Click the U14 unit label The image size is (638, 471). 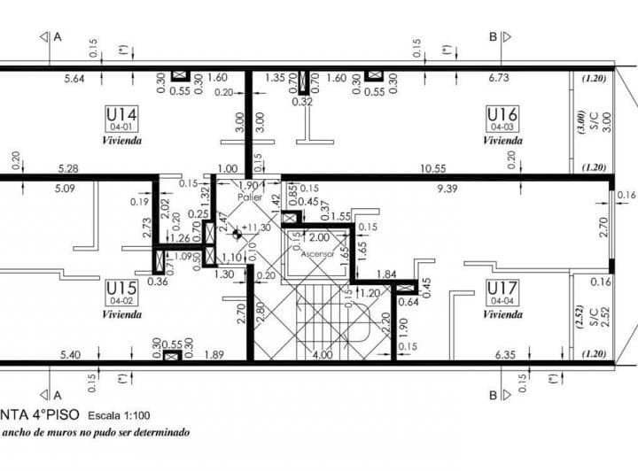(121, 114)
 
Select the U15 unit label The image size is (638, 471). (121, 289)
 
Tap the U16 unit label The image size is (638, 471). (502, 114)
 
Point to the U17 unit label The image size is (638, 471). (502, 289)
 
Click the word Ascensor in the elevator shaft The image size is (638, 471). (317, 254)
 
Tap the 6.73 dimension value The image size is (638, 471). (501, 78)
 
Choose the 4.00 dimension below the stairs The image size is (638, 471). (322, 355)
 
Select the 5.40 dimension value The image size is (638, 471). (72, 355)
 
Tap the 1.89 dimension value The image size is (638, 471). (214, 355)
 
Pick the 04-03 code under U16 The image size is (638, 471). (502, 127)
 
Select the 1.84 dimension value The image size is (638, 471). (386, 274)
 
